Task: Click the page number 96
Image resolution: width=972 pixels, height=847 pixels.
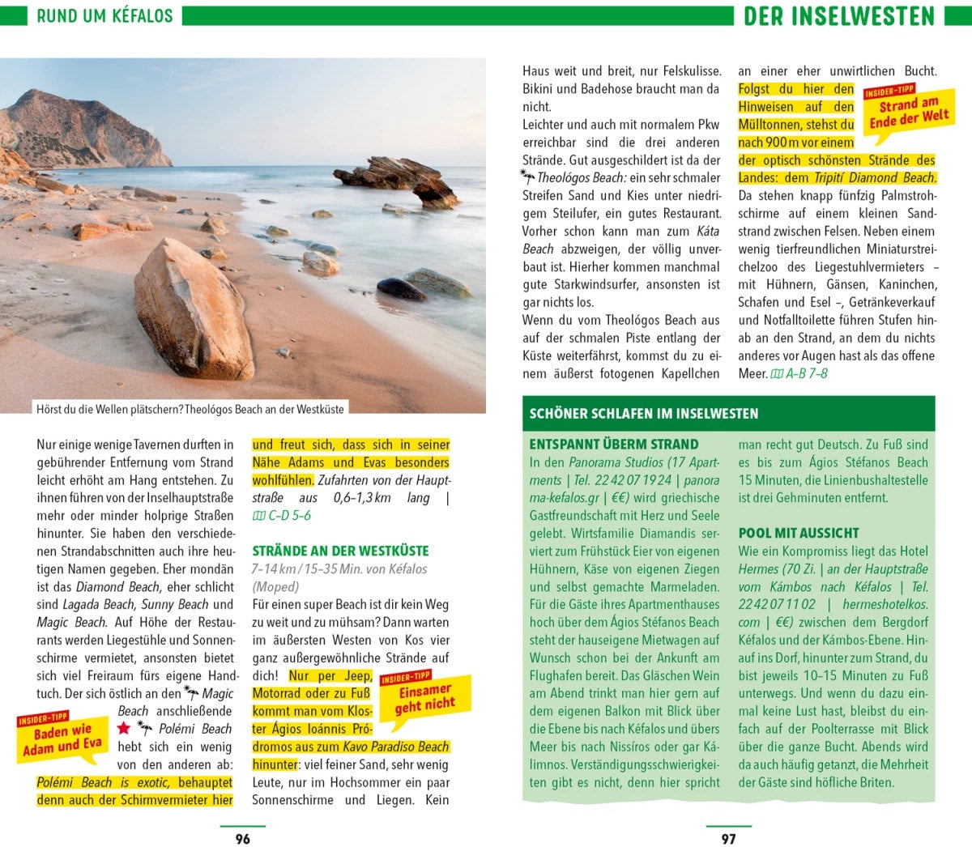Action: (x=242, y=839)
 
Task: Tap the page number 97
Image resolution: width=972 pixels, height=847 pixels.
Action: (x=728, y=839)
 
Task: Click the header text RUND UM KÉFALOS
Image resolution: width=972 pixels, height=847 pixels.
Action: (x=104, y=15)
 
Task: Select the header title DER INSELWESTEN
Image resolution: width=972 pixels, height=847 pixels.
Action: (x=839, y=15)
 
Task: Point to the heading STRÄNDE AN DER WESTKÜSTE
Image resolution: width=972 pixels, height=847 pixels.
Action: (x=340, y=551)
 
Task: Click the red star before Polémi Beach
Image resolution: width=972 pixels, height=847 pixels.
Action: (x=124, y=729)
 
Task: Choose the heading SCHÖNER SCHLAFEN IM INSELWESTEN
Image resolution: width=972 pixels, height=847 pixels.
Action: (x=644, y=413)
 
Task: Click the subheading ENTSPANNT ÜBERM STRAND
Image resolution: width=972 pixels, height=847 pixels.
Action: (x=613, y=445)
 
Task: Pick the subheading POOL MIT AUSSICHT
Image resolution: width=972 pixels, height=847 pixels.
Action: (x=799, y=533)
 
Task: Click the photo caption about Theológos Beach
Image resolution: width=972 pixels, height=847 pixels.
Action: (x=190, y=409)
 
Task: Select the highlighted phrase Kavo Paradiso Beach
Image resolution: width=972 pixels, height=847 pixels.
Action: (x=396, y=747)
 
